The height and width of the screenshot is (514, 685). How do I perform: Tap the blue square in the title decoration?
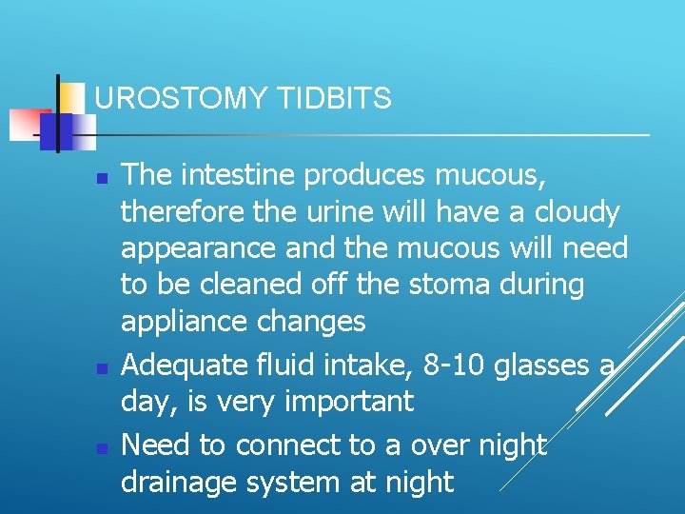pos(55,131)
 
